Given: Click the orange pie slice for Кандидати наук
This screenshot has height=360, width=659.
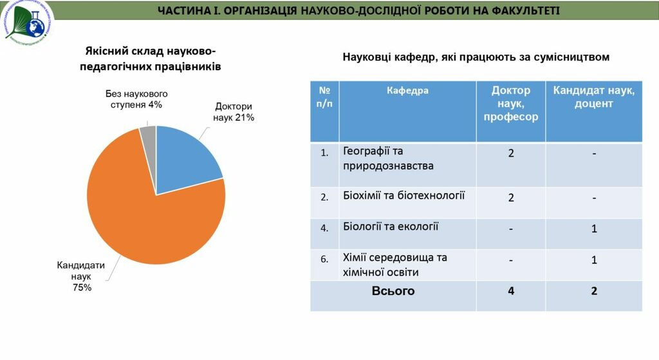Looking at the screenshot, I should tap(148, 219).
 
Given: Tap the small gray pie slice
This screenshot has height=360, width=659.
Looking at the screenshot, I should tap(149, 133).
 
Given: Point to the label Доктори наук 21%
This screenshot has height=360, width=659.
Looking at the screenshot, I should tap(234, 112).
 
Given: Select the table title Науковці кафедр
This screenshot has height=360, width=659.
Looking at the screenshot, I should tap(476, 57).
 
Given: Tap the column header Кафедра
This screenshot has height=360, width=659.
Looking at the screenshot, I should tap(407, 91).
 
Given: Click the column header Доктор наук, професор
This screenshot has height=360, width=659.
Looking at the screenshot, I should tap(511, 104).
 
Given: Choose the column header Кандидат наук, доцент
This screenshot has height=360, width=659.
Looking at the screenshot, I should tap(593, 97).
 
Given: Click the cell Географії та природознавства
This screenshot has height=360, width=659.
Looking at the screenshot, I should tap(388, 158).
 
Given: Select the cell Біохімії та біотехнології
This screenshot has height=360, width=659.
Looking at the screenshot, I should tap(404, 196).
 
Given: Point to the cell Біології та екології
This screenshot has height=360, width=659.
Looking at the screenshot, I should tap(391, 226).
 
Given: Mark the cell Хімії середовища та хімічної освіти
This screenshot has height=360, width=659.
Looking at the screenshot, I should tap(395, 265).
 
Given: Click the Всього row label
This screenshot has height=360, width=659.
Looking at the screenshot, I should tap(393, 291).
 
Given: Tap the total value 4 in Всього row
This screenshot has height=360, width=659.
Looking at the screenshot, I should tap(511, 291).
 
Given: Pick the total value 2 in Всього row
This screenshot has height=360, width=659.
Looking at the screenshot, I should tap(593, 291).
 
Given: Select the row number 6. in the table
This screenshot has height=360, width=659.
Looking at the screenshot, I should tap(324, 260).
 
